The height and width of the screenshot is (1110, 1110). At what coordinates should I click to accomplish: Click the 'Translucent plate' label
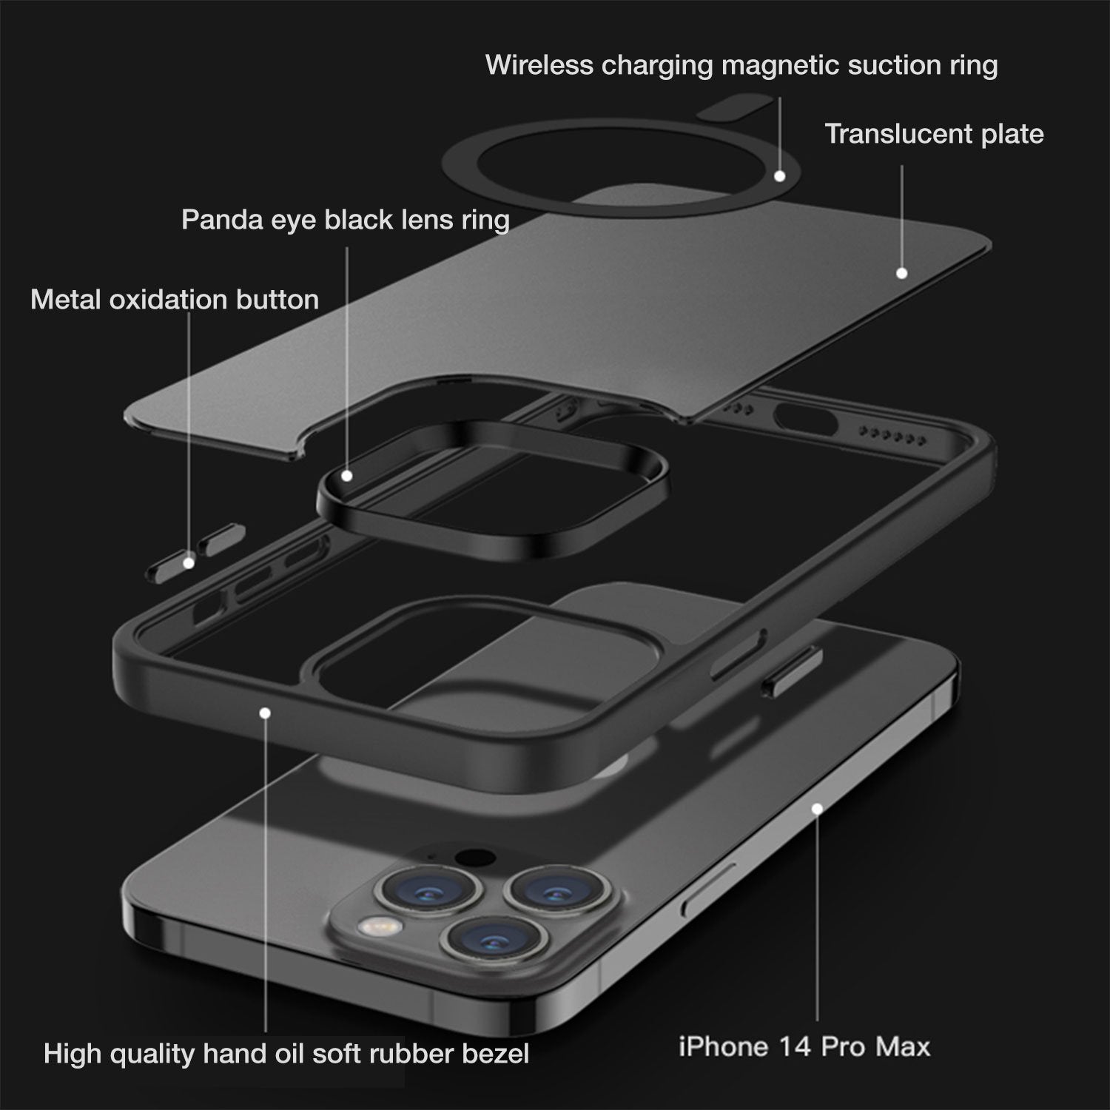pyautogui.click(x=935, y=134)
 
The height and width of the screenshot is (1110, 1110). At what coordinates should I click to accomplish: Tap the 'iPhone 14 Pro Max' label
pyautogui.click(x=804, y=1046)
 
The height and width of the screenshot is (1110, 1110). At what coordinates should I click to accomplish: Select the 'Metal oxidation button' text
pyautogui.click(x=175, y=300)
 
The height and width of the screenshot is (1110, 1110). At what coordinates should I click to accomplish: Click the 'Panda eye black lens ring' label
pyautogui.click(x=346, y=220)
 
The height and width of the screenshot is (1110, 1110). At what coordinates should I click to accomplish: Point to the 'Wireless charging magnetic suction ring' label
pyautogui.click(x=741, y=66)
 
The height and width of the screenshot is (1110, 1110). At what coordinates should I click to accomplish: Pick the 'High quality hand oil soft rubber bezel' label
pyautogui.click(x=286, y=1053)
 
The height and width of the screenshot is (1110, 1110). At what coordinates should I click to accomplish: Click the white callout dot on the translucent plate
pyautogui.click(x=901, y=273)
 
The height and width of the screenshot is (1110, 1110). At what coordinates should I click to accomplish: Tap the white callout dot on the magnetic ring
pyautogui.click(x=779, y=176)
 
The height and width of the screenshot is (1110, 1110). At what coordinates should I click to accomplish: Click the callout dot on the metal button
pyautogui.click(x=189, y=563)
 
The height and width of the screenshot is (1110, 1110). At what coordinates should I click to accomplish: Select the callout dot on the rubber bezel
pyautogui.click(x=265, y=713)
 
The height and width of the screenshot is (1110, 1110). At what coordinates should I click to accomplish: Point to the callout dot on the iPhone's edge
pyautogui.click(x=817, y=809)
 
